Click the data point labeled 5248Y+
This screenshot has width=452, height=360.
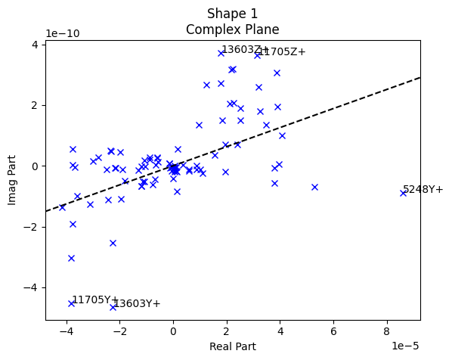click(x=403, y=193)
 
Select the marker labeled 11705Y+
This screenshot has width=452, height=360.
click(x=71, y=303)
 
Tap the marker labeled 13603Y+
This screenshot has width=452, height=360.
click(x=113, y=307)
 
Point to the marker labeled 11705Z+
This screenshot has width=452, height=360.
click(x=257, y=55)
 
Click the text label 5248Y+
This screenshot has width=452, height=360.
click(x=423, y=189)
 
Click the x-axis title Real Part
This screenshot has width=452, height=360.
click(x=232, y=346)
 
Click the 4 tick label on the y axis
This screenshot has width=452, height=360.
click(x=35, y=45)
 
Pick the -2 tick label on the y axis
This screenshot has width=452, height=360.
click(x=32, y=227)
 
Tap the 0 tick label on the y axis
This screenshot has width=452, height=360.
click(x=35, y=166)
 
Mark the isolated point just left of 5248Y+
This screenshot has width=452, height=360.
click(x=314, y=187)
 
